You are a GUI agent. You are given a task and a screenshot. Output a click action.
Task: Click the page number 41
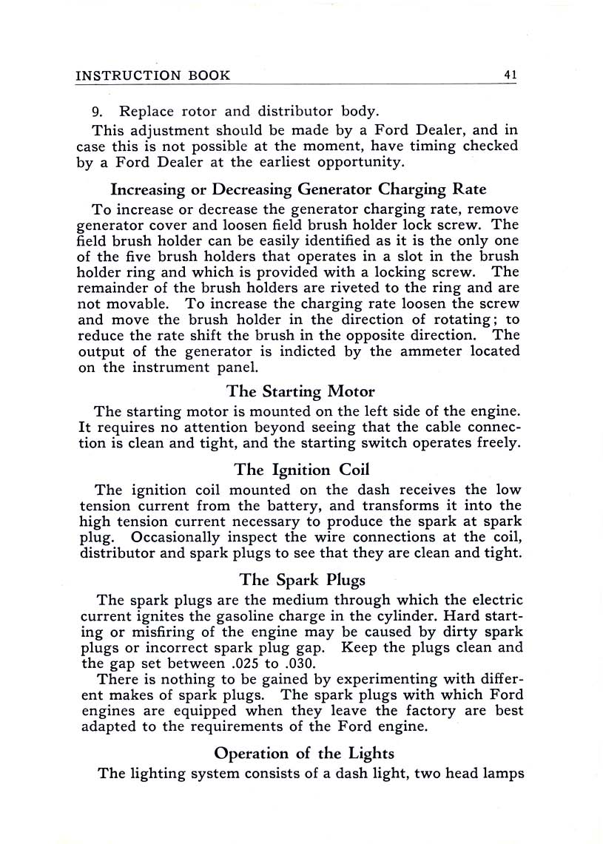[x=509, y=75]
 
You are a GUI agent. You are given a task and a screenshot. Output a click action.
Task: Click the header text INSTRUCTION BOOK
[x=154, y=75]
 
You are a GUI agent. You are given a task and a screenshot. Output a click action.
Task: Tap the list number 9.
[x=97, y=112]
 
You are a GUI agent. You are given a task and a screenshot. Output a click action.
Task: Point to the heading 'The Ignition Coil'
[x=301, y=470]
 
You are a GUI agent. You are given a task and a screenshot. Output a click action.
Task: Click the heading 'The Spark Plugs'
[x=302, y=581]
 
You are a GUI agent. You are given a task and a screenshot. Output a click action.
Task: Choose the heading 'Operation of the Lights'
[x=304, y=753]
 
